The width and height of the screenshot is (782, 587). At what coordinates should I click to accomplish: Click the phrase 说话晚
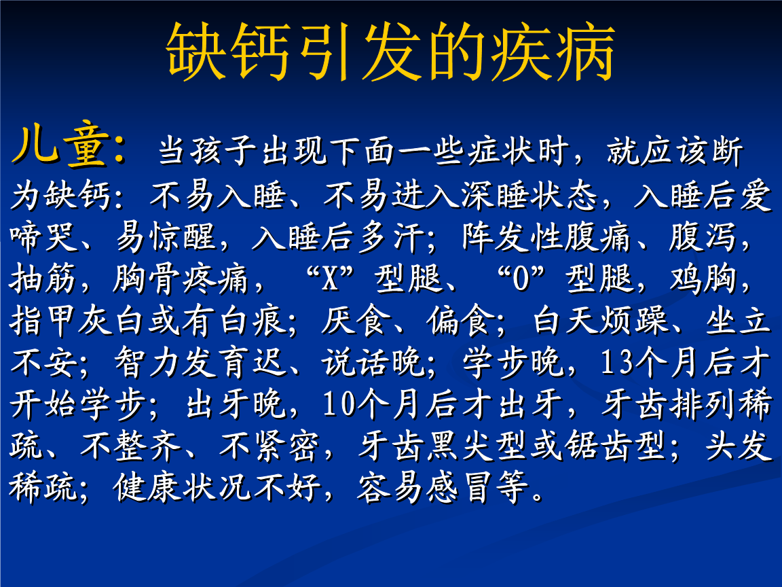(x=373, y=364)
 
